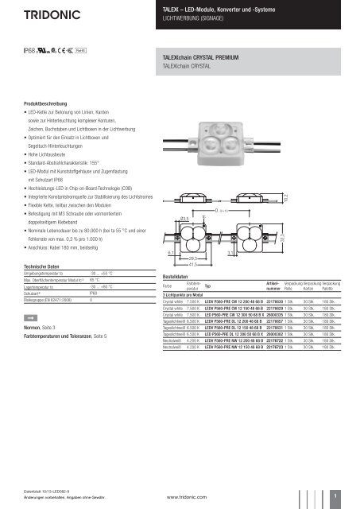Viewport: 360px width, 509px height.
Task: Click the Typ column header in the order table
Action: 208,286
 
